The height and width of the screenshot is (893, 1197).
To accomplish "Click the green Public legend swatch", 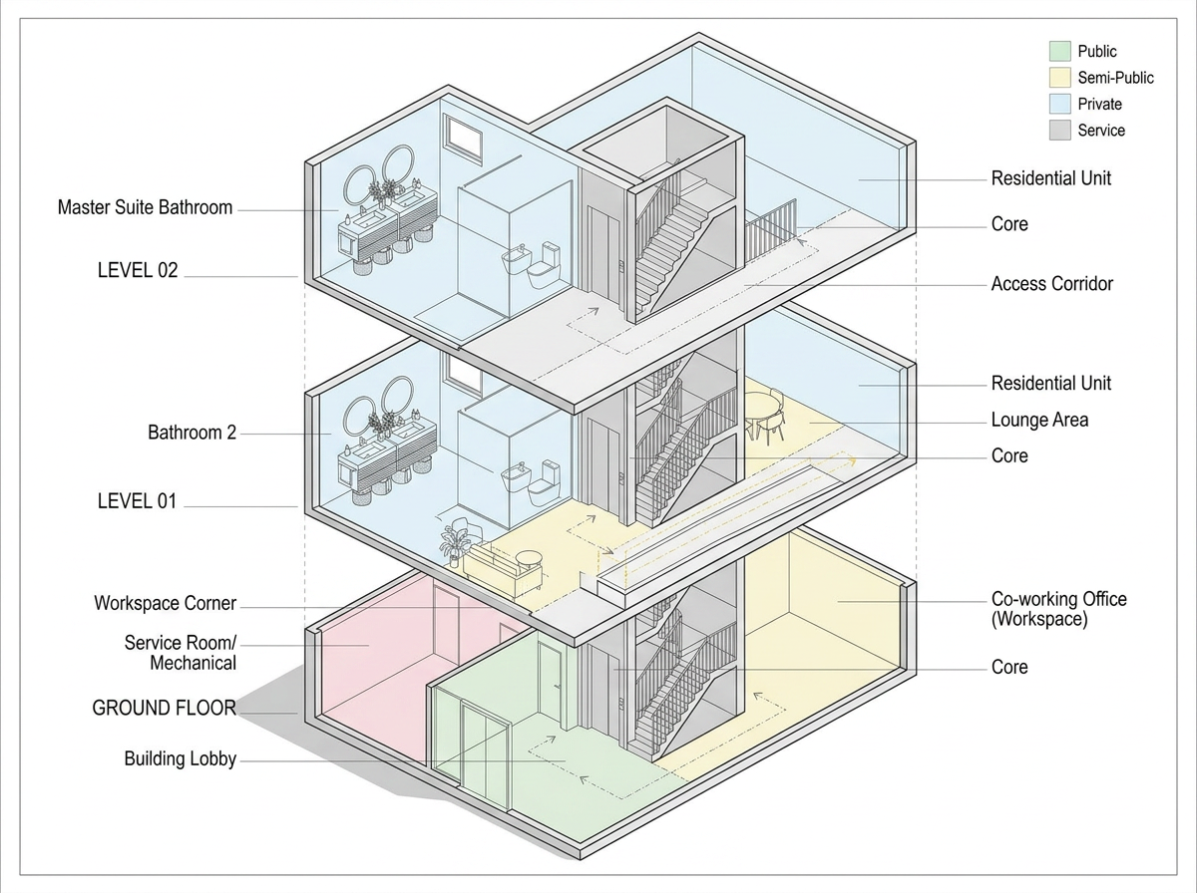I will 1059,51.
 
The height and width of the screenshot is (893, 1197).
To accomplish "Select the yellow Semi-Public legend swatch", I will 1059,78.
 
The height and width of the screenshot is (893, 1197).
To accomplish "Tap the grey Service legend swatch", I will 1059,131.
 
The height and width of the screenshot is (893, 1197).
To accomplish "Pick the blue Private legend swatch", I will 1059,104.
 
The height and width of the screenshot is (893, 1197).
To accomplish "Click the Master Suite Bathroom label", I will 145,208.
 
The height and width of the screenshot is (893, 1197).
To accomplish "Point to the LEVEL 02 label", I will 138,269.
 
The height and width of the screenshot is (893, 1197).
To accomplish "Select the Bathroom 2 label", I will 192,433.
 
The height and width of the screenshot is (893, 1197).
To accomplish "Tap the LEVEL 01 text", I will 137,501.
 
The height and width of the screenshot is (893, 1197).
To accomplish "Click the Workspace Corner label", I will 165,603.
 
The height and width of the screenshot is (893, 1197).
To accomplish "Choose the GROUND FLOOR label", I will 164,709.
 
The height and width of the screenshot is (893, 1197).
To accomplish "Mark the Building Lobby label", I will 180,759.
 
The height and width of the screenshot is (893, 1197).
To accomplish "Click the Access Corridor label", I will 1051,284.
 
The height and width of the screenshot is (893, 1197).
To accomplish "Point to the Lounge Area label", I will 1039,420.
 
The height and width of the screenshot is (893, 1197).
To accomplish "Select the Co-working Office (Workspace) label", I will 1058,609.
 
